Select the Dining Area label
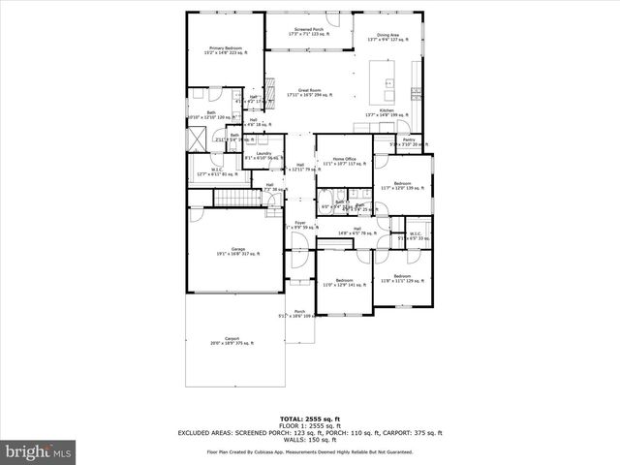point(387,37)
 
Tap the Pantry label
point(409,142)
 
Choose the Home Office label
point(345,161)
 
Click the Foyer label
point(300,225)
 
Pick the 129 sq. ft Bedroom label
point(400,279)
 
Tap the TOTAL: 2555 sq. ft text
point(309,418)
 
